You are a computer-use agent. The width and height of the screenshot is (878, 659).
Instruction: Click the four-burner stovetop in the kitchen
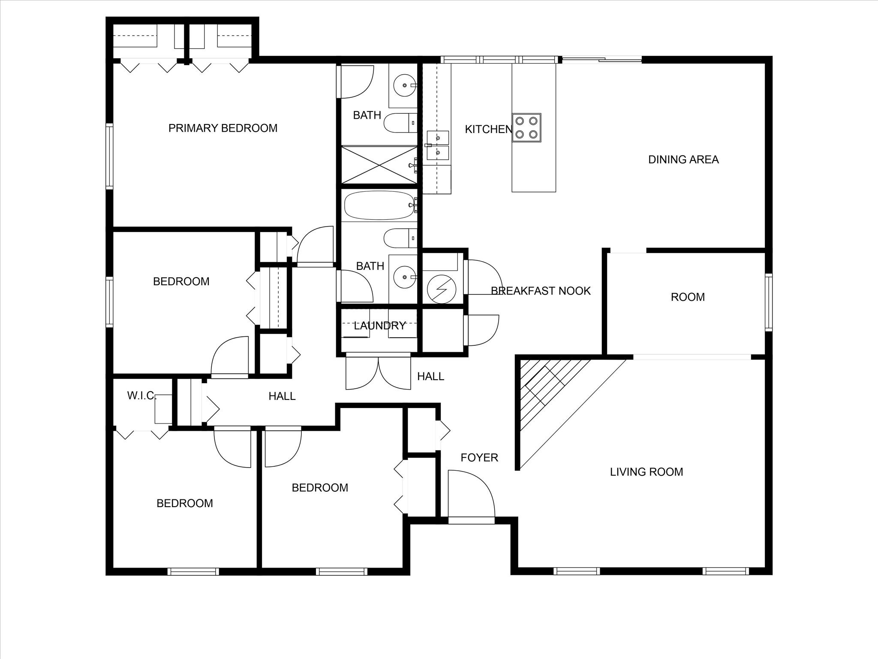coord(526,127)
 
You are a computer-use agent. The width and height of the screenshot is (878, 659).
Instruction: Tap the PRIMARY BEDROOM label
coord(223,128)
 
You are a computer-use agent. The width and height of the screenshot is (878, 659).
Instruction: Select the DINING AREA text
coord(683,160)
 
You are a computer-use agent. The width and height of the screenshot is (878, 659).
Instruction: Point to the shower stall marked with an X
coord(379,165)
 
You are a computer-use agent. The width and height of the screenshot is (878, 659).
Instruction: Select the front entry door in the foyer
coord(471,520)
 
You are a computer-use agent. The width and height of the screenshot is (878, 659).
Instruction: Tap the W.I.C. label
coord(141,396)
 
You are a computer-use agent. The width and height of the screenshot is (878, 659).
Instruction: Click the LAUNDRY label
coord(379,326)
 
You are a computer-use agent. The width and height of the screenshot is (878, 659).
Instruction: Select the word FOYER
coord(479,458)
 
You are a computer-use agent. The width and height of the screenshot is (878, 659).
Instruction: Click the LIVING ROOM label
coord(646,472)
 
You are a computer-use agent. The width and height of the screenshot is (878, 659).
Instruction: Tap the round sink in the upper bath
coord(404,86)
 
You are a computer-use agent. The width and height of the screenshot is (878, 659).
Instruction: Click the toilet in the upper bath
coord(398,123)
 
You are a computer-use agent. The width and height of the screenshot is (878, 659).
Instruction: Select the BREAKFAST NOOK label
coord(541,291)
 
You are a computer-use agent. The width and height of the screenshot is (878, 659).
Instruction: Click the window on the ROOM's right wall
coord(769,302)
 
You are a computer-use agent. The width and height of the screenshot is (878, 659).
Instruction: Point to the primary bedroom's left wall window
coord(110,156)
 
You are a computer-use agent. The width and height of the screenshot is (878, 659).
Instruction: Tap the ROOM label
coord(687,297)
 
